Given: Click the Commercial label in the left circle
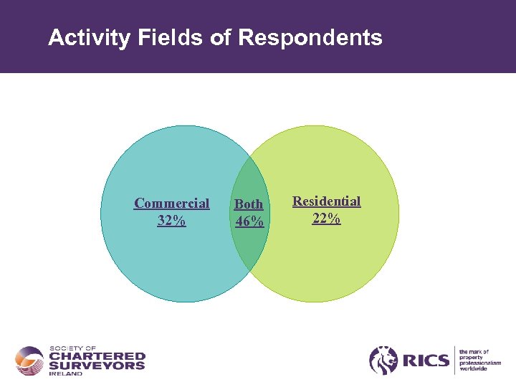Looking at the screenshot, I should coord(172,204).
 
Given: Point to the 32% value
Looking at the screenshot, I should coord(171,221).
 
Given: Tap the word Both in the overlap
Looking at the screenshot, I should coord(249,204).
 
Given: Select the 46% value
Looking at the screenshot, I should coord(249,221).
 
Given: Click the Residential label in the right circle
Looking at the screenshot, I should coord(326,201).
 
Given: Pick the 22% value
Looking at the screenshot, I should coord(326,219).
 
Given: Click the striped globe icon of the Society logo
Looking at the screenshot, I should coord(29,360).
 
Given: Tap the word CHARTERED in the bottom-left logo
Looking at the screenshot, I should coord(97,356).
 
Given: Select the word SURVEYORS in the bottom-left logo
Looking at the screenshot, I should coord(97,365).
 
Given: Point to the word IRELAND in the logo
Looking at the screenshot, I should coord(66,374).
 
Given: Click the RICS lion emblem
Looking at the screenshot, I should coord(383,360).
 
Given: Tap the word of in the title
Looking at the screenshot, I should coord(221,38).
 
